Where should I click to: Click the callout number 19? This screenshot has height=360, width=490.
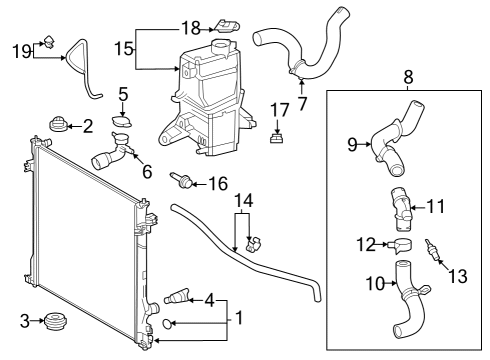[x=20, y=50]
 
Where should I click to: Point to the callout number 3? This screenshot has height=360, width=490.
[x=24, y=320]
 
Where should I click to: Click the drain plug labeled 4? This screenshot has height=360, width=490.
[x=178, y=297]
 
